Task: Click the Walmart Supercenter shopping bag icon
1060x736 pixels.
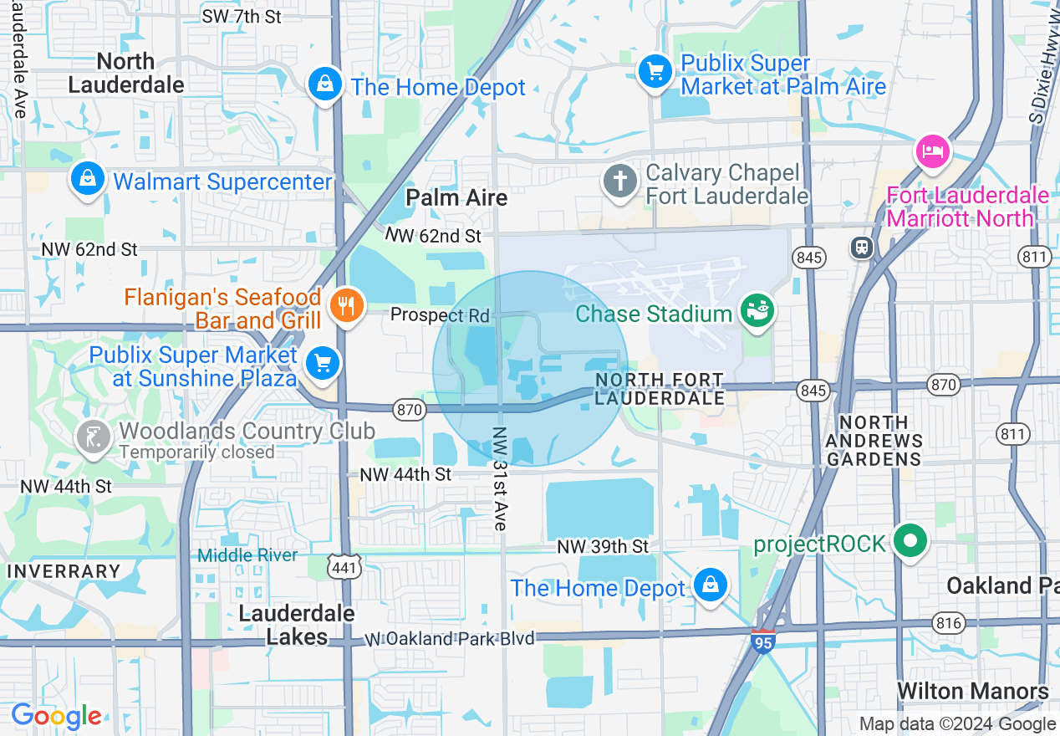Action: coord(87,179)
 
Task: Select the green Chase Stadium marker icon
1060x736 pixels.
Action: coord(758,312)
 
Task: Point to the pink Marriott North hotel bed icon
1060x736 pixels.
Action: coord(933,152)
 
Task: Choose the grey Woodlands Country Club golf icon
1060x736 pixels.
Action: coord(94,436)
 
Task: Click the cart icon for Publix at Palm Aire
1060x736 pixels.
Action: coord(655,72)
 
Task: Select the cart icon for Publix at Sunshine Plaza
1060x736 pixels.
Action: coord(322,364)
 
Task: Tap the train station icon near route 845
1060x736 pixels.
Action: coord(861,247)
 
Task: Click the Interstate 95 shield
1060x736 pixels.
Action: coord(762,642)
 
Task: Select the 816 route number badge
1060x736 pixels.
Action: coord(950,623)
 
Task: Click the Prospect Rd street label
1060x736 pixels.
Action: coord(440,315)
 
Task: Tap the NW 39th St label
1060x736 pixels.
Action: coord(603,546)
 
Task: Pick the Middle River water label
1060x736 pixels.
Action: coord(247,555)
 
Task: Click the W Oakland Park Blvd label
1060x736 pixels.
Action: coord(451,639)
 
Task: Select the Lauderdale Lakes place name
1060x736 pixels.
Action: coord(297,625)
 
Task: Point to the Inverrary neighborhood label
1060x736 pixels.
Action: coord(64,571)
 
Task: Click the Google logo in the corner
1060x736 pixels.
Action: coord(56,716)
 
